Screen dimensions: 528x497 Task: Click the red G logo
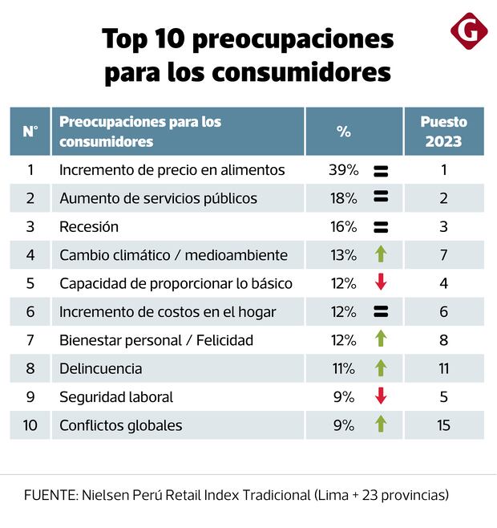[x=468, y=32]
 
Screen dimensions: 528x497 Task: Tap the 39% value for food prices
[x=343, y=170]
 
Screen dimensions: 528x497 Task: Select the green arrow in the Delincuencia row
[x=381, y=368]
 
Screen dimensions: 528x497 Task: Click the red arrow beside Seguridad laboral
[x=381, y=396]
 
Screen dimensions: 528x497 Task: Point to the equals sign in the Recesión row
[x=381, y=227]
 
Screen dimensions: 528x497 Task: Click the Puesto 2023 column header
[x=443, y=132]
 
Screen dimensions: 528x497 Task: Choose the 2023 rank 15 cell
[x=443, y=425]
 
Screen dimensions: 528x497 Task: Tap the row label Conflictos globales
[x=121, y=425]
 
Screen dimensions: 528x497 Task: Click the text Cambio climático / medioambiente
[x=173, y=255]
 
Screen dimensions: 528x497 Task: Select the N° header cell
[x=30, y=132]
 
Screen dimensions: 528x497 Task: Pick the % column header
[x=344, y=132]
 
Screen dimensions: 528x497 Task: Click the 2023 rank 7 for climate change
[x=443, y=255]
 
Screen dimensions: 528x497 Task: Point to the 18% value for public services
[x=343, y=198]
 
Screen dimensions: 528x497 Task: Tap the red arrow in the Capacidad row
[x=381, y=283]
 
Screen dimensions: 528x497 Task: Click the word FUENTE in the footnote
[x=50, y=494]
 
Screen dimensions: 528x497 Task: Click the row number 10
[x=30, y=425]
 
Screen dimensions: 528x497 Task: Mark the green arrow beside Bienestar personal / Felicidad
[x=381, y=340]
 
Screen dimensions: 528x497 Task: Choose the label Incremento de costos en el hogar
[x=168, y=311]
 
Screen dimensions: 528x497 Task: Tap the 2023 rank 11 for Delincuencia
[x=443, y=368]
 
